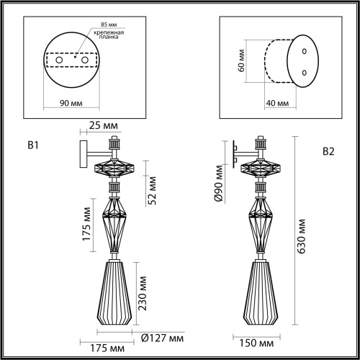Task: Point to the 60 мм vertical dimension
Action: [242, 67]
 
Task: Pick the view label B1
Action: [32, 146]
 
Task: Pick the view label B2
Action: [328, 151]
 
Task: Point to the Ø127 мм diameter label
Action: [162, 338]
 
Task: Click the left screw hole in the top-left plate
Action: [59, 60]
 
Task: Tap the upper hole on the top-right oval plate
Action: [304, 51]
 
